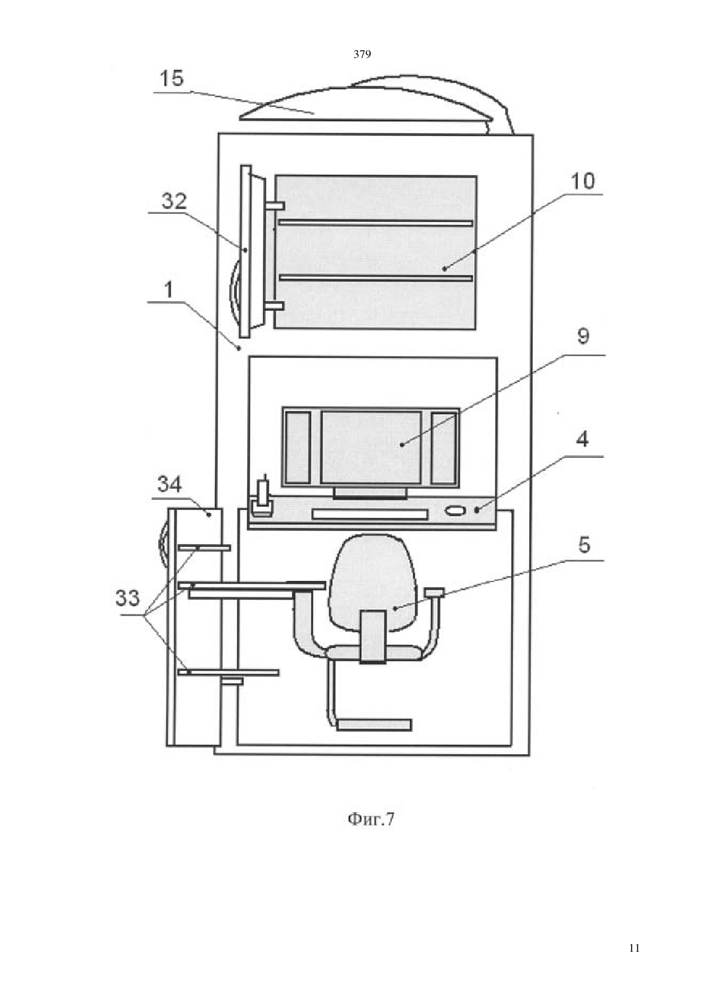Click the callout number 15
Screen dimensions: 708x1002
point(172,79)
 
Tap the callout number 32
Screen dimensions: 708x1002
point(174,202)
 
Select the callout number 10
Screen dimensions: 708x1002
point(583,182)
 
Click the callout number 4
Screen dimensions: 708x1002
point(582,440)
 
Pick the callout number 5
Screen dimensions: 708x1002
point(584,544)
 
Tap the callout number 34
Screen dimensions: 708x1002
point(169,484)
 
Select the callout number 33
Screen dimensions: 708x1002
point(127,598)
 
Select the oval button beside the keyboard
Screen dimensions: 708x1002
point(455,511)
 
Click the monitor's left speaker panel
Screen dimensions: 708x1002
point(297,448)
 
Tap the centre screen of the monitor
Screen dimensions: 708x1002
point(371,448)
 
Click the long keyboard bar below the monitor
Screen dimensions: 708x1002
point(369,515)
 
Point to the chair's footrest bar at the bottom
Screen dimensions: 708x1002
point(374,724)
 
